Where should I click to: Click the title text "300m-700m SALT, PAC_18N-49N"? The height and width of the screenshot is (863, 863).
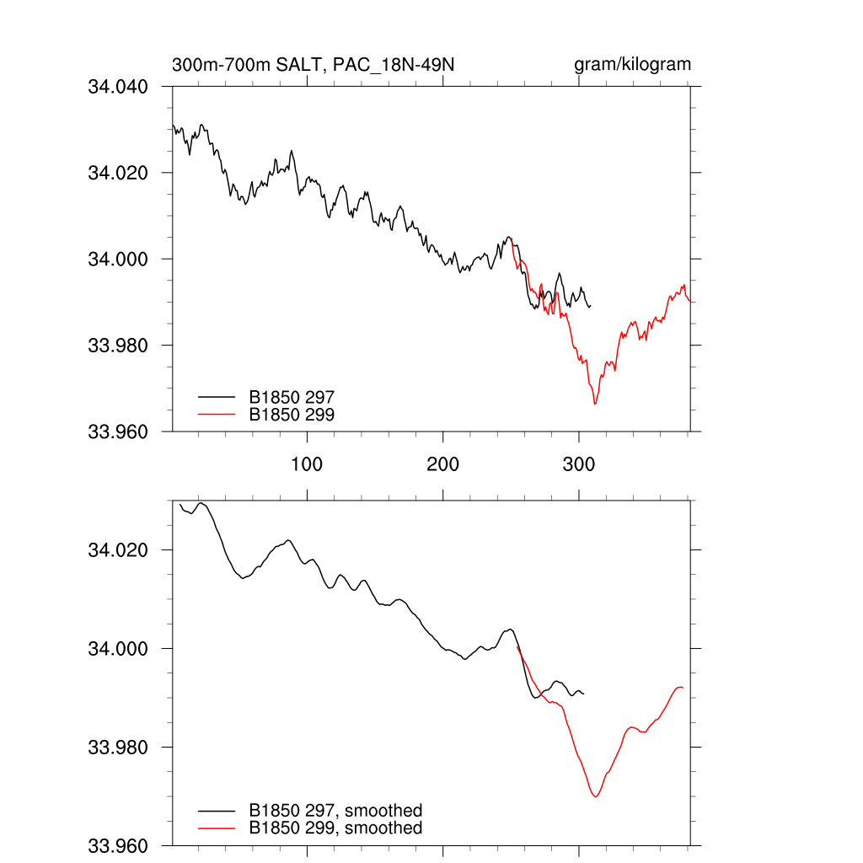[x=314, y=65]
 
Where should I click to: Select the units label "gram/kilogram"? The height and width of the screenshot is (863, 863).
[x=633, y=65]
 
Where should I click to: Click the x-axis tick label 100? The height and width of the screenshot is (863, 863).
[x=307, y=464]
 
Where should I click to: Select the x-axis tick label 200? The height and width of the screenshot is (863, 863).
[x=442, y=464]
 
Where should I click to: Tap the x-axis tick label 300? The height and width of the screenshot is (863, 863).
[x=579, y=464]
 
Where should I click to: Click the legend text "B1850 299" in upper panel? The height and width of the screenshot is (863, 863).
[x=292, y=414]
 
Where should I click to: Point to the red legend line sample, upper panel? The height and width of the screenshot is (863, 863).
[x=217, y=414]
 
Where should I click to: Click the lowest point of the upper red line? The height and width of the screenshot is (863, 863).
[x=595, y=405]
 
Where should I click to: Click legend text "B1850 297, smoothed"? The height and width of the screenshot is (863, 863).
[x=335, y=811]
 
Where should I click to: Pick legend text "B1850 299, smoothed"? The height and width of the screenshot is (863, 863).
[x=335, y=828]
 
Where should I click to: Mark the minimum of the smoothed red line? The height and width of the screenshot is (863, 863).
[x=596, y=796]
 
